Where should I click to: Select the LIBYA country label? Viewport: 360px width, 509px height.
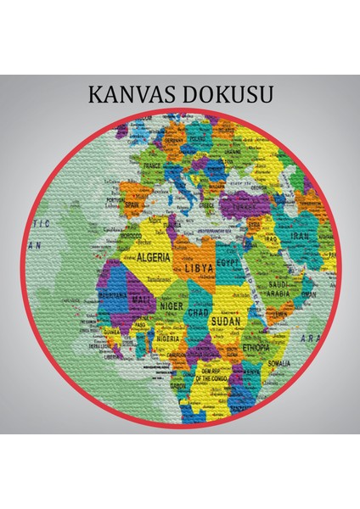tap(200, 268)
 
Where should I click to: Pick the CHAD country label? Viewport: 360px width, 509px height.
tap(200, 313)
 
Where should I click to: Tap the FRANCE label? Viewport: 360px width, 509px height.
tap(152, 167)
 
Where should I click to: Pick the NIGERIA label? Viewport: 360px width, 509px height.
tap(167, 338)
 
